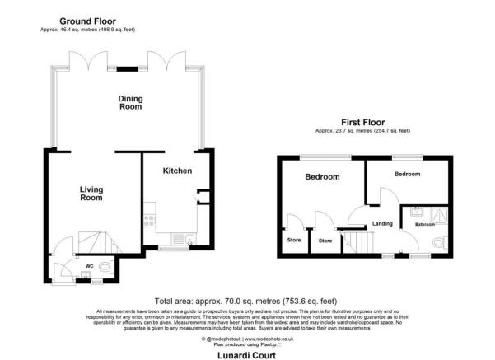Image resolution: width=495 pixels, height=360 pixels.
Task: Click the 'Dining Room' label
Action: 130,102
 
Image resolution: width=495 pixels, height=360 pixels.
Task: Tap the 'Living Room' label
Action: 91,194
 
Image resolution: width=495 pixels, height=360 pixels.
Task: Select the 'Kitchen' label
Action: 177,171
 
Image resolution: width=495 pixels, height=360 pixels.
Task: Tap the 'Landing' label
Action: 383,223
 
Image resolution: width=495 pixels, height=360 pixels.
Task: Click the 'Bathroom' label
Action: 425,224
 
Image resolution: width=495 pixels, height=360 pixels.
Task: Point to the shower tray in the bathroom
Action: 437,212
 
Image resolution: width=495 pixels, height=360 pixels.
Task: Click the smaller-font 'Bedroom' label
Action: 407,175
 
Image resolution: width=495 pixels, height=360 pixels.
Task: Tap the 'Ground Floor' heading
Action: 87,21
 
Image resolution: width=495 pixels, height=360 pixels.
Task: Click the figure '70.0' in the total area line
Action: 240,300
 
